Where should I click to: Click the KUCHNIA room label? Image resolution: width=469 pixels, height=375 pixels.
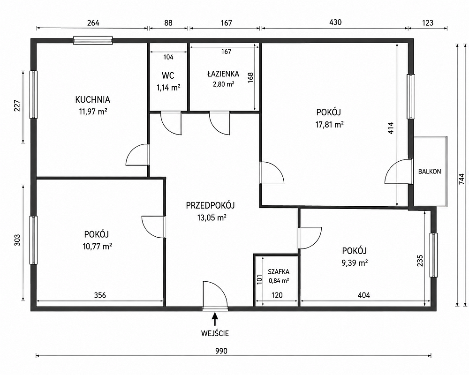point(93,99)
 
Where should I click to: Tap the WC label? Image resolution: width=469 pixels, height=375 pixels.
point(168,75)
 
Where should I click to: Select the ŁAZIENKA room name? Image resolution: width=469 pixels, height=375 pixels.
point(223,74)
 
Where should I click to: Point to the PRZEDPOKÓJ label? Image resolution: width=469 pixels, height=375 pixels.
point(210,205)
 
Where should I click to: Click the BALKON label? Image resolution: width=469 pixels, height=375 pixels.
point(430,172)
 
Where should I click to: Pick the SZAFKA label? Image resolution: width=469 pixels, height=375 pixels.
point(279,272)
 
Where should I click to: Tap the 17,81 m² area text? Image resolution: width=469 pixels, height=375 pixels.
point(329,124)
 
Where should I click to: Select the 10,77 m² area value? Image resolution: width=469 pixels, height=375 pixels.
point(97,247)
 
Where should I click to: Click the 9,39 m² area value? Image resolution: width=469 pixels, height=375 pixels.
point(355,262)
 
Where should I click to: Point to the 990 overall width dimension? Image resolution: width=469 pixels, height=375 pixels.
point(221,351)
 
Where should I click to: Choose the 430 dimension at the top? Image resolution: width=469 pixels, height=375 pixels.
point(335,22)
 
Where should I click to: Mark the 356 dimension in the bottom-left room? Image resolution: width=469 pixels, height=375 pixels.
point(100,295)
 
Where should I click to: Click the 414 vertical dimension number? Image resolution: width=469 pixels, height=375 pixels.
point(391,127)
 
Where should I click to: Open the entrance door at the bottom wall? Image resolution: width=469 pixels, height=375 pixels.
point(215,294)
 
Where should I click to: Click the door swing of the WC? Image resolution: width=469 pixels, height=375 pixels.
point(171,123)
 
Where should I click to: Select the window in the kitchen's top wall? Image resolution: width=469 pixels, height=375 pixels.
point(93,40)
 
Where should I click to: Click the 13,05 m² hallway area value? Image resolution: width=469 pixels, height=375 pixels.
point(212,217)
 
